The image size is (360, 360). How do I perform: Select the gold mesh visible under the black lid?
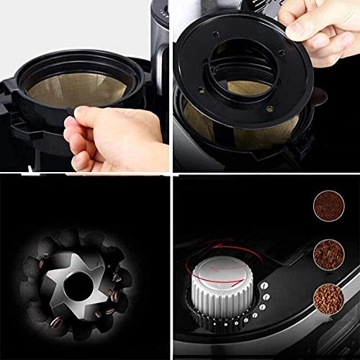[x=216, y=122]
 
